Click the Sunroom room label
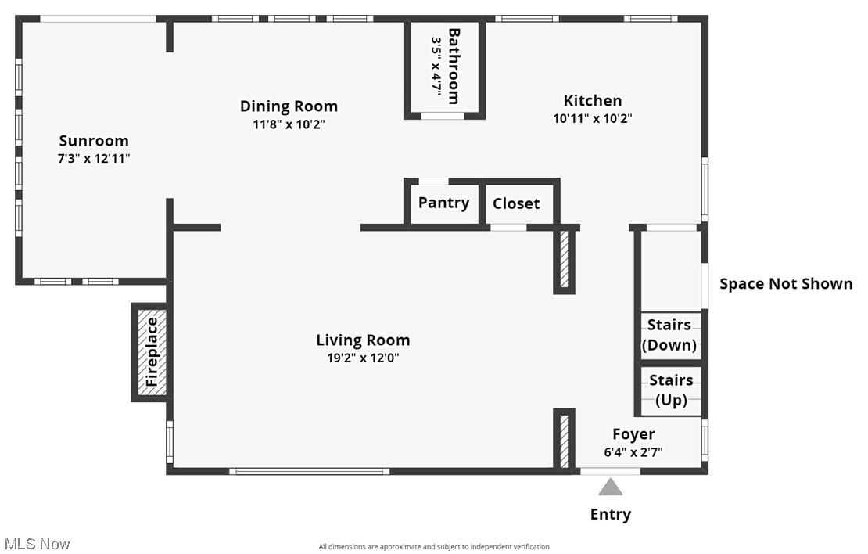[x=94, y=141]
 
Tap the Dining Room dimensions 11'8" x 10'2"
[x=289, y=124]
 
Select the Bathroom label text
[x=454, y=67]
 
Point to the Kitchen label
[x=592, y=100]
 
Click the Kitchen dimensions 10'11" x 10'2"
[x=592, y=118]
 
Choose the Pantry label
[x=444, y=203]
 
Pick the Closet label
[x=516, y=203]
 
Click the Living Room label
[x=363, y=340]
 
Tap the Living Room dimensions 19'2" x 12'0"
[x=363, y=358]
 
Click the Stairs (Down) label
[x=669, y=335]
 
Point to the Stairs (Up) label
[x=671, y=390]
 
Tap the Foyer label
[x=633, y=434]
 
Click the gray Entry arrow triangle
[x=611, y=487]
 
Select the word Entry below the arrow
[x=611, y=515]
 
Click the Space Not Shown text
[x=786, y=283]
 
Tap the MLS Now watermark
[x=37, y=544]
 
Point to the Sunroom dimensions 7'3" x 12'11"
[x=94, y=158]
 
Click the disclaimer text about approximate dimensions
[x=433, y=547]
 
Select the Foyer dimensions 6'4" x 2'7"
[x=633, y=452]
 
